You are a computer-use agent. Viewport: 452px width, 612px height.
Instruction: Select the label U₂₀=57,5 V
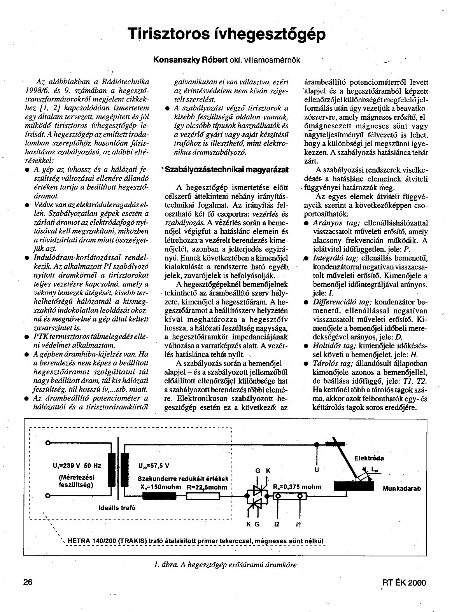click(154, 465)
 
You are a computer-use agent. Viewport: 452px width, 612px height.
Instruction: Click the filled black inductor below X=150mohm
click(159, 496)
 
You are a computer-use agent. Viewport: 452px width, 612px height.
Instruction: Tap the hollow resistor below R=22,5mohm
click(203, 496)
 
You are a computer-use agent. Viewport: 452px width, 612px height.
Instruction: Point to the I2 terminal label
click(277, 524)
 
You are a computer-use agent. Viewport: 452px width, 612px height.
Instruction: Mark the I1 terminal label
click(298, 524)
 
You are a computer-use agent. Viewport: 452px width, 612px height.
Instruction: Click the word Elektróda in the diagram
click(369, 458)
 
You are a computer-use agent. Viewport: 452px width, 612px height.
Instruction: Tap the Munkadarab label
click(402, 488)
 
